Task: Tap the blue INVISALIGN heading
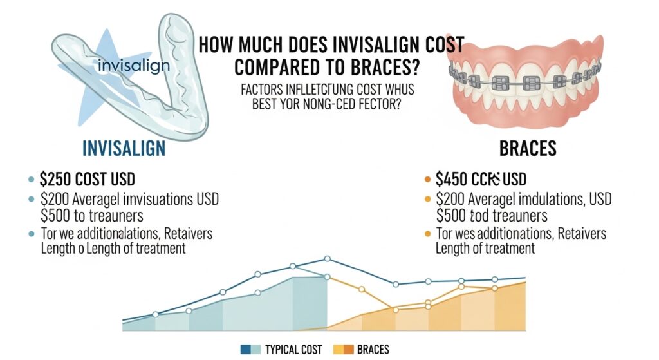click(124, 148)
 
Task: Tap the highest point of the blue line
click(327, 259)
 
